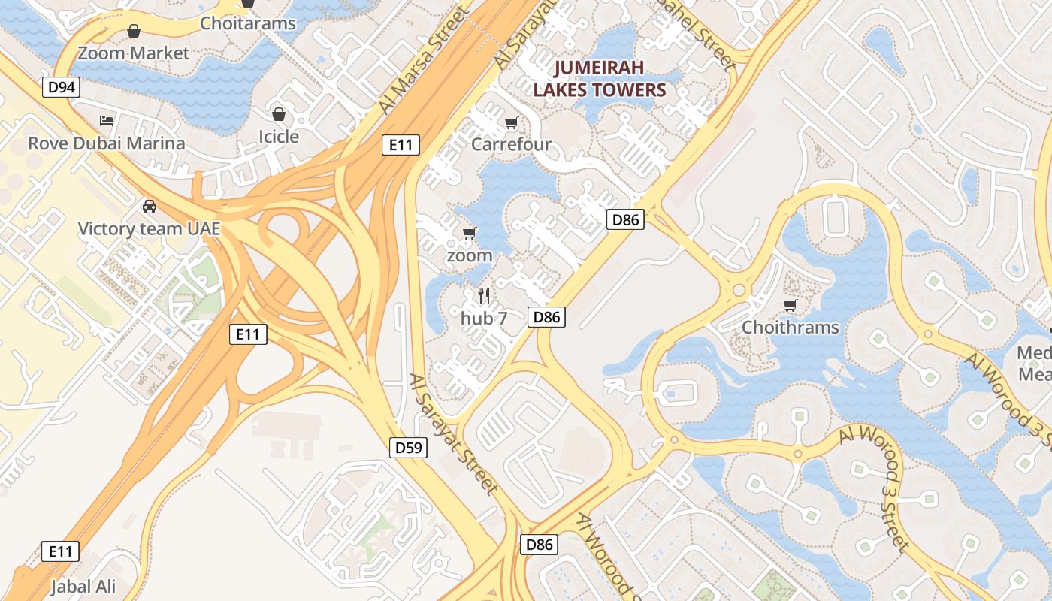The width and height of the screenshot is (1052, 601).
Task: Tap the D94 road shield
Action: pos(61,88)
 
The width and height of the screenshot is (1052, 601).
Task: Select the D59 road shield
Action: pos(409,448)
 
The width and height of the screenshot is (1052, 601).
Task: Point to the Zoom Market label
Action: pos(134,53)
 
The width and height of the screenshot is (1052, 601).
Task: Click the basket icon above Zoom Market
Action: pos(134,31)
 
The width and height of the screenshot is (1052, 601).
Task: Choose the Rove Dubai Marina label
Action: pos(106,143)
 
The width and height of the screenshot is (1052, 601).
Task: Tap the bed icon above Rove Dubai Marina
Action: pos(107,121)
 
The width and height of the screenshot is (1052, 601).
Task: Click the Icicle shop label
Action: pos(279,137)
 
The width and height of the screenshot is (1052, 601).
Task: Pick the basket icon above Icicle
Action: pos(279,114)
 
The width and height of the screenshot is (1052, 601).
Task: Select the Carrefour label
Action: pos(511,144)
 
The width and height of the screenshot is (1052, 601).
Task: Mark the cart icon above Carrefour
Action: pos(512,122)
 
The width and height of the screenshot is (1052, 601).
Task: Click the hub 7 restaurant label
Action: pos(484,319)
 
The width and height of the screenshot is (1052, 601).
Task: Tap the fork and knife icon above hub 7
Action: pos(484,296)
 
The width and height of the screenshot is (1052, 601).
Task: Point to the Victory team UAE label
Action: pos(149,228)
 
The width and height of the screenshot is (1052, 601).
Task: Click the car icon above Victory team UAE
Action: pos(149,206)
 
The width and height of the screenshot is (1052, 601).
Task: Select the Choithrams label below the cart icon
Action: pos(790,328)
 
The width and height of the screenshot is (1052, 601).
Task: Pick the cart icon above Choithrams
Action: pos(790,305)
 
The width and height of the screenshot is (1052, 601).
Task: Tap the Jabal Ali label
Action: pos(83,587)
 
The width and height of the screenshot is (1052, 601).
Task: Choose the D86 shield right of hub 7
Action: pos(546,317)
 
